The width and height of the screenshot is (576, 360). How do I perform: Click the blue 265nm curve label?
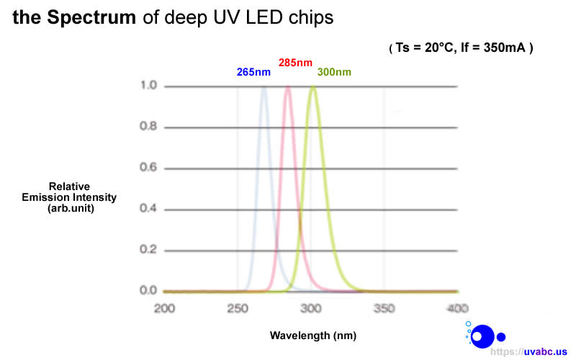pyautogui.click(x=253, y=73)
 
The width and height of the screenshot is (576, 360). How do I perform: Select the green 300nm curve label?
pyautogui.click(x=334, y=73)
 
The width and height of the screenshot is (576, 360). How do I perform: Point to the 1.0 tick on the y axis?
pyautogui.click(x=148, y=86)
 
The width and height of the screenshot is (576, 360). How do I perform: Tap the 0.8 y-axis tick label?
pyautogui.click(x=148, y=127)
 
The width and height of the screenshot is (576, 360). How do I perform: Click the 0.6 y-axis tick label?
pyautogui.click(x=148, y=168)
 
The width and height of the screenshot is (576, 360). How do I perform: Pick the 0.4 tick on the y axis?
pyautogui.click(x=148, y=210)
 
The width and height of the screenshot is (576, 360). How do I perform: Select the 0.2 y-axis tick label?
pyautogui.click(x=148, y=250)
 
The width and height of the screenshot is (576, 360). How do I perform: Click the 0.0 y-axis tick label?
pyautogui.click(x=148, y=291)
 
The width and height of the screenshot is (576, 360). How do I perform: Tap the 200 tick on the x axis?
pyautogui.click(x=165, y=308)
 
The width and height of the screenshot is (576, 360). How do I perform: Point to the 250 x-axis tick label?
pyautogui.click(x=238, y=308)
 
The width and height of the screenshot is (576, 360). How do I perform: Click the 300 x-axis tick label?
pyautogui.click(x=311, y=308)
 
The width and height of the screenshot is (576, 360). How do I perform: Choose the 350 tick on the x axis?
pyautogui.click(x=384, y=308)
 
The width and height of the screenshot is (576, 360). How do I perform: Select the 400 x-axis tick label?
pyautogui.click(x=456, y=308)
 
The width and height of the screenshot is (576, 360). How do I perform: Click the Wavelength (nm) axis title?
pyautogui.click(x=312, y=336)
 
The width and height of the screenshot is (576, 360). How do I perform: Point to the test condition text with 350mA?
pyautogui.click(x=461, y=48)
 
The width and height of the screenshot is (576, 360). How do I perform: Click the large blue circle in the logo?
pyautogui.click(x=482, y=336)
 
